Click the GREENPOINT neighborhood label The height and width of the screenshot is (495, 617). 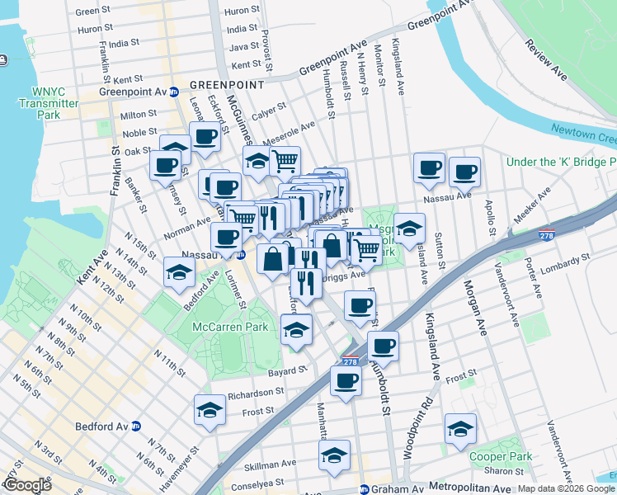[226, 84]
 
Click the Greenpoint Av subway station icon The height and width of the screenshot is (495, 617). [174, 92]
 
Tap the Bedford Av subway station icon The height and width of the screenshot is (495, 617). [137, 427]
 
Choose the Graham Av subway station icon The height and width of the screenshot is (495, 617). [363, 489]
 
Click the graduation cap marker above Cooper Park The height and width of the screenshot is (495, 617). [460, 428]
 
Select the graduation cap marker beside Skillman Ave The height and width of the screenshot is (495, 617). [334, 455]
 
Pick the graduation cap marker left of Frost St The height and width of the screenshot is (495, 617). [210, 409]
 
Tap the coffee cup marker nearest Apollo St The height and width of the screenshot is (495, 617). [464, 172]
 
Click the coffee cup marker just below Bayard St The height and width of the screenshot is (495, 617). [346, 380]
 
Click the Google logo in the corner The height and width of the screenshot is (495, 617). [27, 485]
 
